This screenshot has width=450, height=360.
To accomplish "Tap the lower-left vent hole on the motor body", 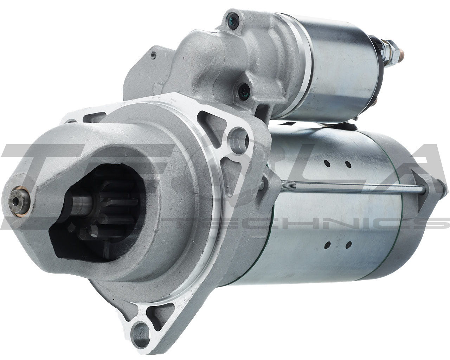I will tap(328, 244).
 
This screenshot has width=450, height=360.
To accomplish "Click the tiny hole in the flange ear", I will tap(154, 54).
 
